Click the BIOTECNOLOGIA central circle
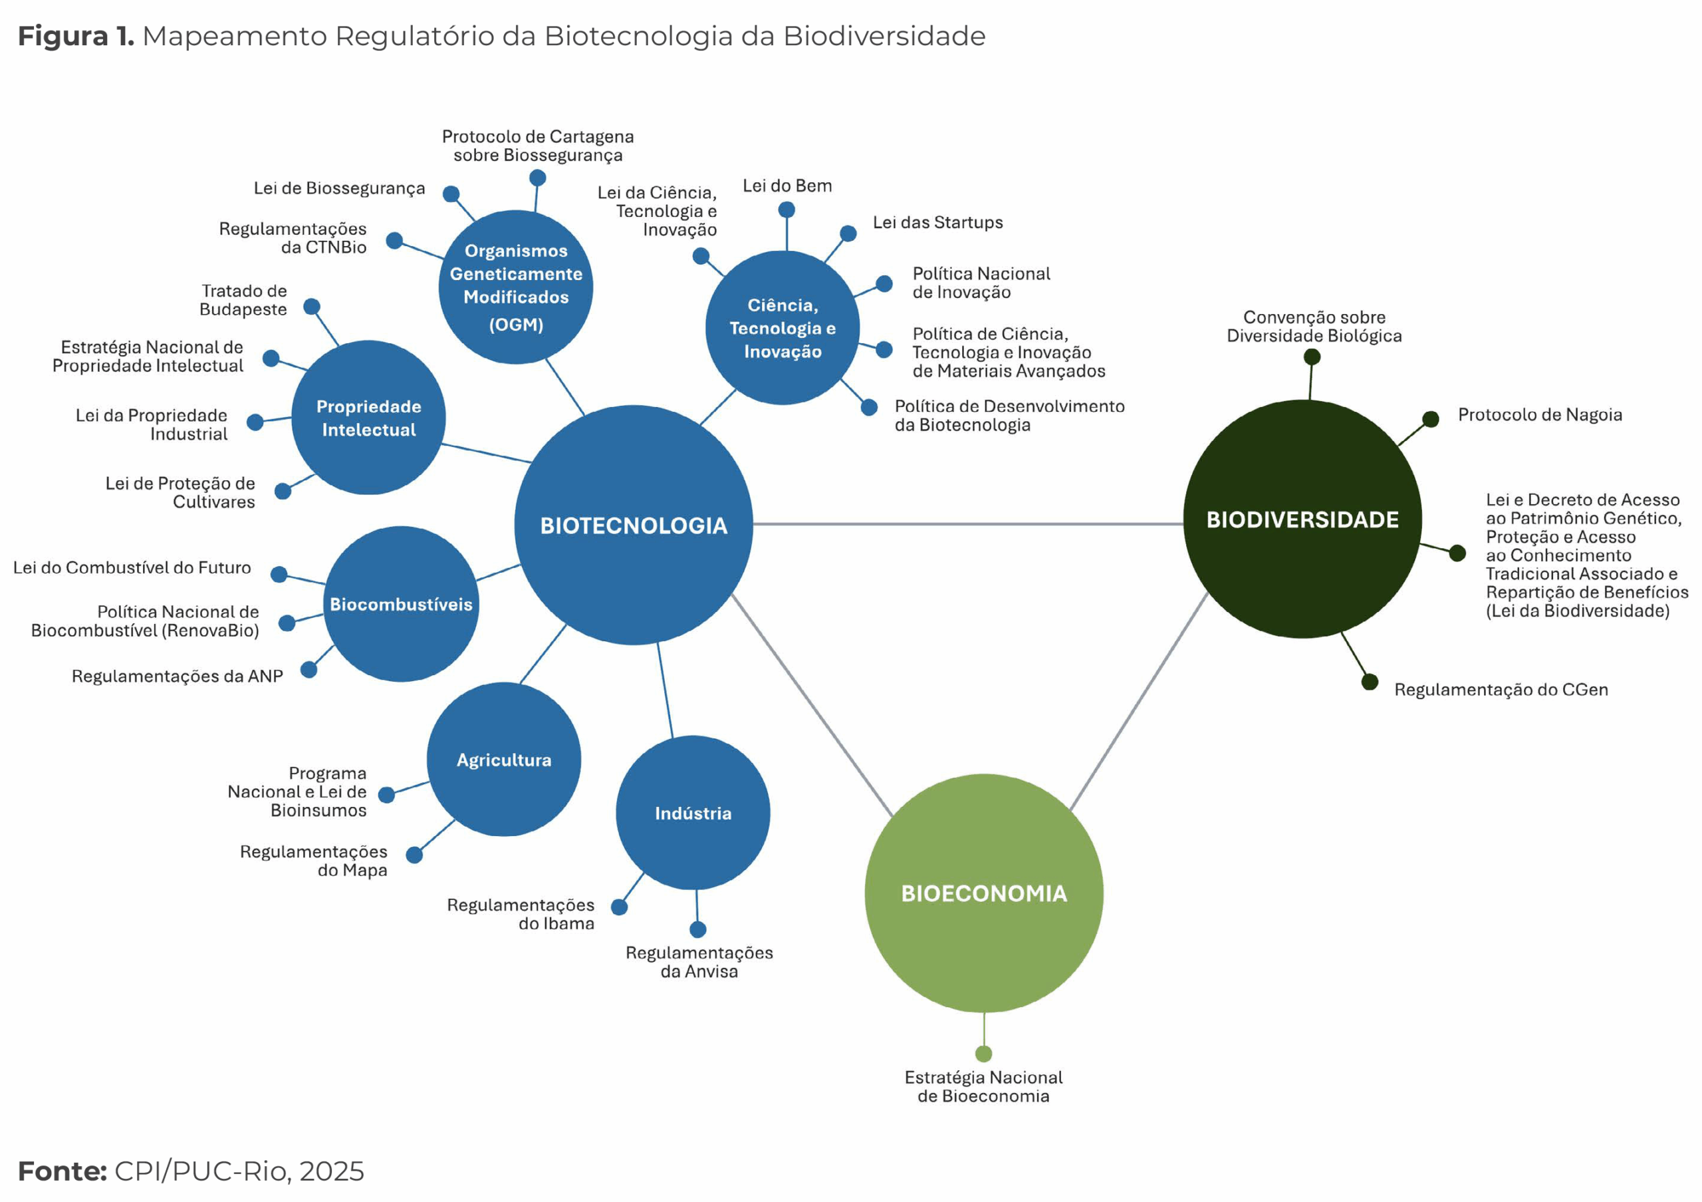coord(633,524)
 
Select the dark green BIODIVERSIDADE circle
coord(1302,519)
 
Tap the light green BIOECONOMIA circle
coord(984,893)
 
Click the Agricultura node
coord(504,759)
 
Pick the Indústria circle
coord(692,813)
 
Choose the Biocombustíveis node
coord(401,603)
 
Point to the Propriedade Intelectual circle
coord(368,418)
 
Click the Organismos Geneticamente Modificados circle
coord(516,287)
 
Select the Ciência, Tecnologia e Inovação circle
coord(782,328)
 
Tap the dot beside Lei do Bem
coord(787,210)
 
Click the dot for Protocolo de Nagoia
coord(1431,419)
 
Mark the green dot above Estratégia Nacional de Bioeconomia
coord(984,1054)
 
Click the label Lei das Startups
coord(937,222)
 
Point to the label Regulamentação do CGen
coord(1501,690)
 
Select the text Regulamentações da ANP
coord(177,676)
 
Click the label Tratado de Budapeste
coord(243,300)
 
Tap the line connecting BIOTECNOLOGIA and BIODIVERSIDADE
coord(963,524)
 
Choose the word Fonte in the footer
coord(62,1171)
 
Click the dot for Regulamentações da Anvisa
coord(697,929)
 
